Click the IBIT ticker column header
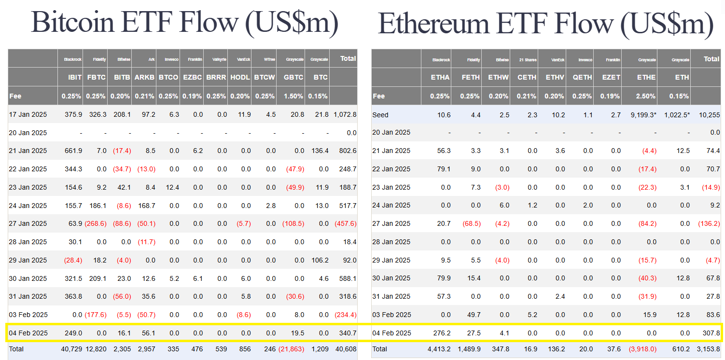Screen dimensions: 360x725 (75, 77)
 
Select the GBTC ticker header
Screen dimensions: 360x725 (294, 77)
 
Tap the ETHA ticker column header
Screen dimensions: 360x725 (441, 77)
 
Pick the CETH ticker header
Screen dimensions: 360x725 (527, 77)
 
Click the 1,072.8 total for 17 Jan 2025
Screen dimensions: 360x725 (345, 114)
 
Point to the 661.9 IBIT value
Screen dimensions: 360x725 (73, 151)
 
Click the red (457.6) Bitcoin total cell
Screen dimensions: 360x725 (345, 224)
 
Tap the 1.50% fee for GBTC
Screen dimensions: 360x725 (293, 96)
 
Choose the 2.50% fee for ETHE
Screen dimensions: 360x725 (646, 96)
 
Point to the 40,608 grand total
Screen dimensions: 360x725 (346, 349)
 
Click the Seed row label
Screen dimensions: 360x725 (380, 115)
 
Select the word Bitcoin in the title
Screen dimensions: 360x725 (73, 23)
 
